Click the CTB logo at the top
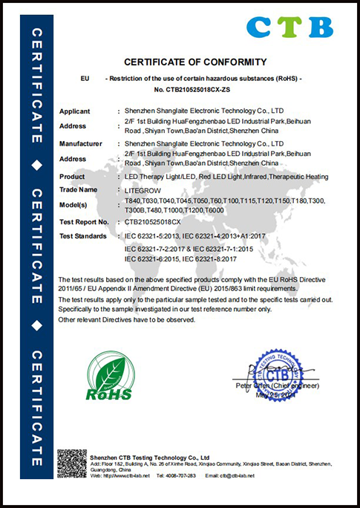(289, 27)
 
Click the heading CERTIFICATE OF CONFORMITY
(195, 61)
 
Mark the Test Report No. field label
(84, 221)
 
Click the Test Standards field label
(83, 235)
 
